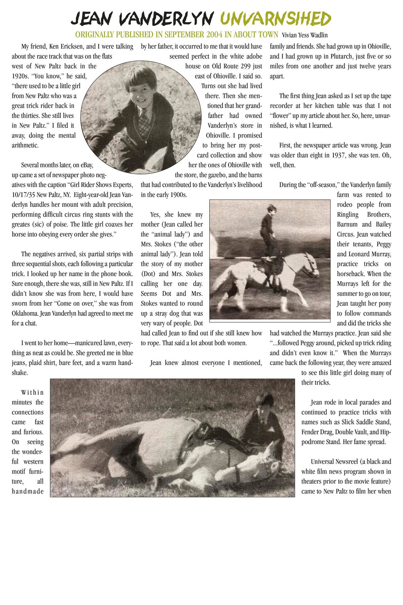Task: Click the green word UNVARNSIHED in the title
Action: click(x=275, y=19)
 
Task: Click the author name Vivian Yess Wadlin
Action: click(x=305, y=35)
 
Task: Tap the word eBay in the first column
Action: click(x=85, y=165)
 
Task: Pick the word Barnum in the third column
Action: click(x=347, y=224)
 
